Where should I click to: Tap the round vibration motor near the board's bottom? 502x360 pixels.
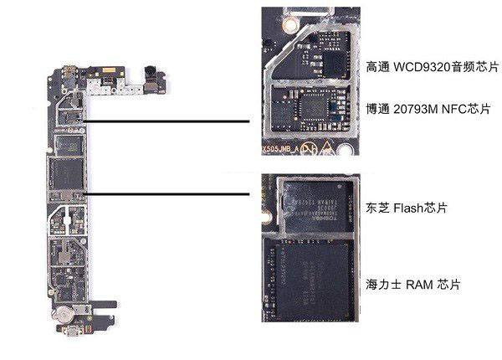63,316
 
